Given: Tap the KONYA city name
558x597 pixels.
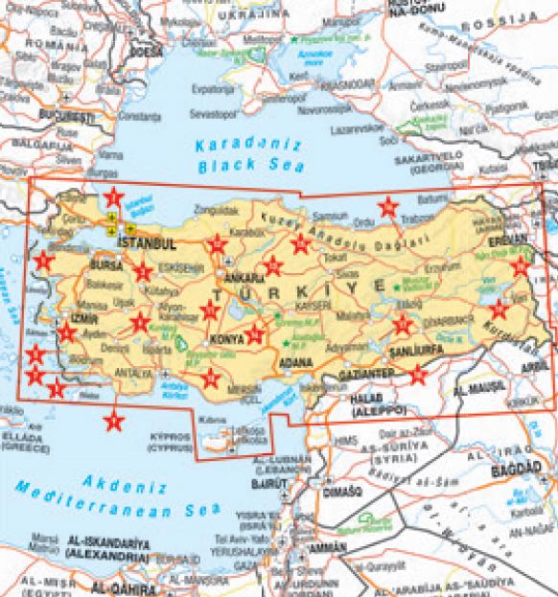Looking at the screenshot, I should click(227, 339).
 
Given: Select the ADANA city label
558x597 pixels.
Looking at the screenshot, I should click(296, 362).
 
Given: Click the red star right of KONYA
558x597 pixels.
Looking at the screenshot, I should click(255, 333).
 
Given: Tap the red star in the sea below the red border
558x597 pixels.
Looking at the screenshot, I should click(114, 419).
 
